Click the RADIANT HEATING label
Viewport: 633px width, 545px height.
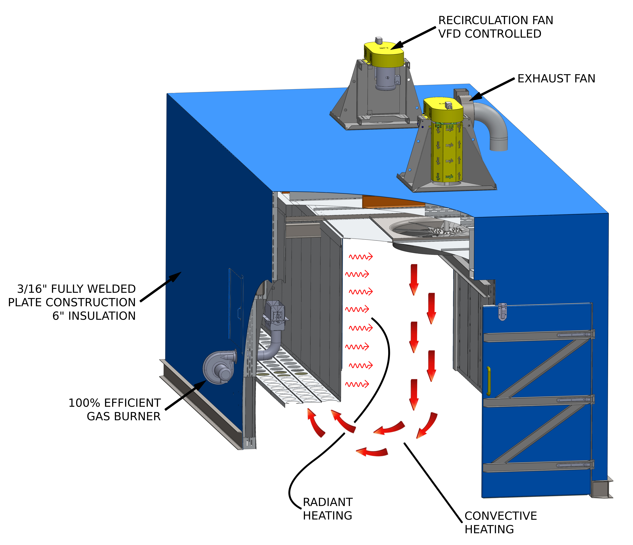point(327,509)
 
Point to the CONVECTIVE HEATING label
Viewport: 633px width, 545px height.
point(500,522)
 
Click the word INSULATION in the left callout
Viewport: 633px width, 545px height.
point(102,316)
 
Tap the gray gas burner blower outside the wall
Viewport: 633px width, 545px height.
point(219,367)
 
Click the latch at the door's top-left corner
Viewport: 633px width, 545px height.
point(502,312)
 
